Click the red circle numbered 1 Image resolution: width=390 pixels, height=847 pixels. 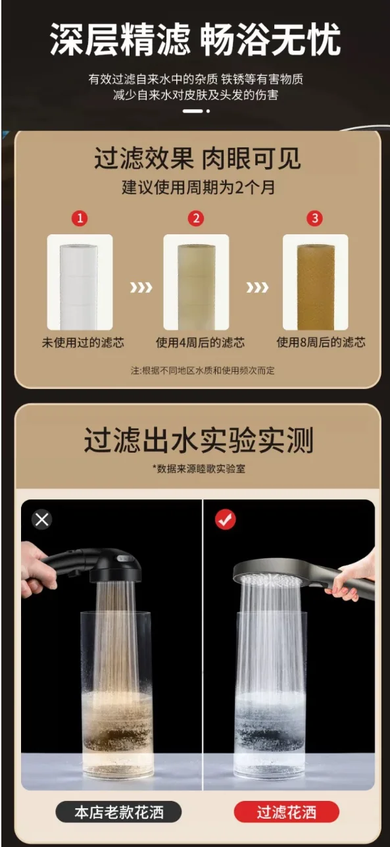(x=80, y=218)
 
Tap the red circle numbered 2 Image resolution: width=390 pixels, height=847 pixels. (x=196, y=218)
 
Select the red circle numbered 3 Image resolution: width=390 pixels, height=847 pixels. (x=315, y=218)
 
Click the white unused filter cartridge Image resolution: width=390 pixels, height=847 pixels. (x=79, y=287)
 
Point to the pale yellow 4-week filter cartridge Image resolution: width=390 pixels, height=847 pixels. (x=197, y=287)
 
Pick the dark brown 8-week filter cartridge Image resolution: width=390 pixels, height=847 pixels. (x=316, y=287)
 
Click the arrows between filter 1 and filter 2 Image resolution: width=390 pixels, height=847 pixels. (x=141, y=288)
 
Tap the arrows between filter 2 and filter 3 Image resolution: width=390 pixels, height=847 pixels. (x=257, y=288)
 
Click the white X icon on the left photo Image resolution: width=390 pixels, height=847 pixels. (x=42, y=519)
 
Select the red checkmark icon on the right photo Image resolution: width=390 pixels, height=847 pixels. (x=225, y=519)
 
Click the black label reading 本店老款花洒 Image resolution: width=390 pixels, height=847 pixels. (x=118, y=812)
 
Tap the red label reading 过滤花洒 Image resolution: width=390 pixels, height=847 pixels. (x=287, y=812)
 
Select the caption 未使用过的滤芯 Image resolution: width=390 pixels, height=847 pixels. (x=83, y=343)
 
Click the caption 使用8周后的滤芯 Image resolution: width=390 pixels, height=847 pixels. (x=321, y=343)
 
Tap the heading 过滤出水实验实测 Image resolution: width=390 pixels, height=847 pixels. (x=199, y=440)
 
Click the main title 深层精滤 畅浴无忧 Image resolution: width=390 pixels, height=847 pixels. (x=195, y=39)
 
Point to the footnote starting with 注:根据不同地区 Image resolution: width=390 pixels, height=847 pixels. (x=203, y=371)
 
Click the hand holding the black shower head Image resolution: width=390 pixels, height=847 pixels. (x=34, y=569)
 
